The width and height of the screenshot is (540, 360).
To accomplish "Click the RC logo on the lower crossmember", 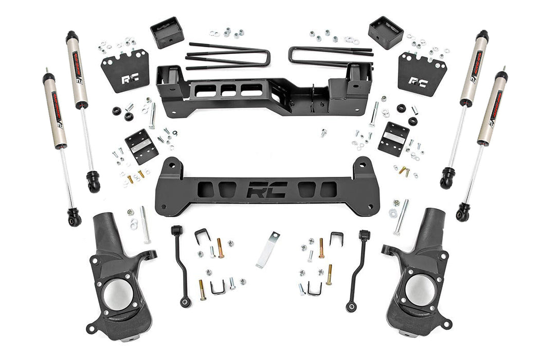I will coord(266,191).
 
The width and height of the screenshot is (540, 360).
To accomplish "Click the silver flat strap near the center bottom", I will coord(267,249).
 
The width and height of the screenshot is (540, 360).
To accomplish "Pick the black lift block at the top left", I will coord(167,33).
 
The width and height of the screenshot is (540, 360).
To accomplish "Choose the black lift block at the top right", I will coord(385,32).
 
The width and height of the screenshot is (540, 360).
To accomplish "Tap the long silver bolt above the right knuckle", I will coord(401,217).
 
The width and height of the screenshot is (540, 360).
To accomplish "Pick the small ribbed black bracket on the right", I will coord(393,138).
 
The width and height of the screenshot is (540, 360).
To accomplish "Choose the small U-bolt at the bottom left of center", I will coord(218,287).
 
